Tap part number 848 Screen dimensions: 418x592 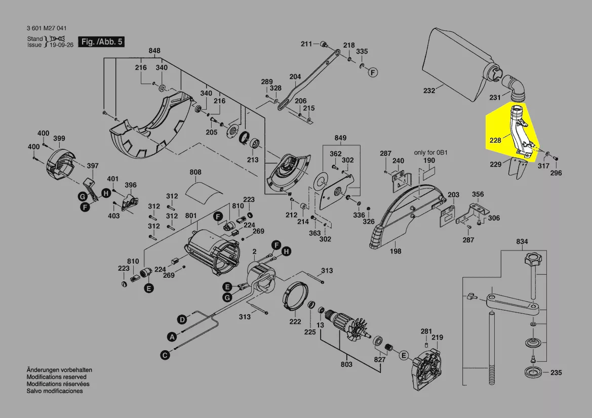point(154,51)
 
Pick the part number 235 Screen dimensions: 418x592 point(556,373)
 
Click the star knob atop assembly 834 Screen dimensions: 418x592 point(531,263)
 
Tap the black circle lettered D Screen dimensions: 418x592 point(182,319)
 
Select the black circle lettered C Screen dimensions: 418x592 point(165,355)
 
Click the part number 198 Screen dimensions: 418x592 point(396,251)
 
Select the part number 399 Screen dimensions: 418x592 point(59,139)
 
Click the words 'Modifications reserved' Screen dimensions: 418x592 point(56,377)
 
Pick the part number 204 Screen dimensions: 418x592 point(295,77)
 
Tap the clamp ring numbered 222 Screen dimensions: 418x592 point(294,301)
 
